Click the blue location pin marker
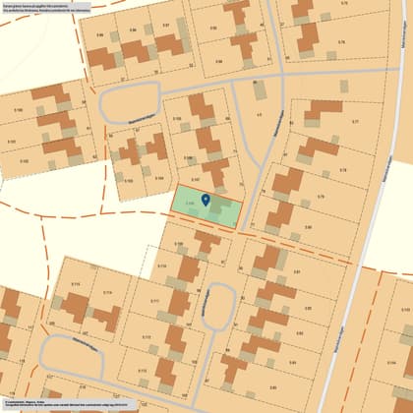tap(206, 200)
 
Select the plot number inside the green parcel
tap(188, 204)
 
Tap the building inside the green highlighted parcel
tap(216, 209)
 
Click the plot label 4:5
tap(259, 116)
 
